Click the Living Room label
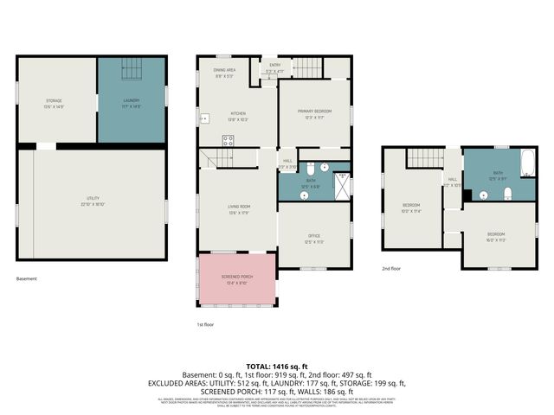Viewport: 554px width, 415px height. [x=239, y=208]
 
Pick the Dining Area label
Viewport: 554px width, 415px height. [x=224, y=73]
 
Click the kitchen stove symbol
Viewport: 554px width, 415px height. [x=227, y=143]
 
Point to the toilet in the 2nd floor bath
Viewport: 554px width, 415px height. [x=508, y=192]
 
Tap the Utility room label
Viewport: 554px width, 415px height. [x=91, y=201]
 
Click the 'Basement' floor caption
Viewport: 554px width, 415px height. [x=27, y=278]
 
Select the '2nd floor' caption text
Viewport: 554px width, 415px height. [x=392, y=268]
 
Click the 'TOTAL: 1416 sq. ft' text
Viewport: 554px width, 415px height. [x=277, y=367]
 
